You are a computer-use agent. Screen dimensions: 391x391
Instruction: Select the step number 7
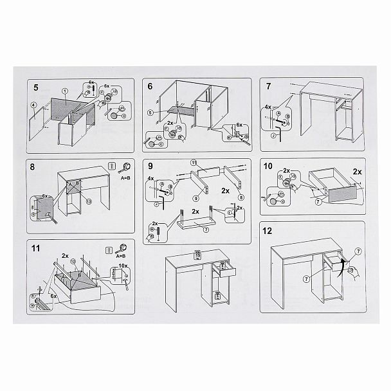tap(268, 86)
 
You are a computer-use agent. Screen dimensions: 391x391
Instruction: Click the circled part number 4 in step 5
tap(33, 105)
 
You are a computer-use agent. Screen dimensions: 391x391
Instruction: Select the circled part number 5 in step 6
tap(149, 113)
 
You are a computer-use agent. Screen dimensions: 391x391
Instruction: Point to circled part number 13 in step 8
tap(88, 201)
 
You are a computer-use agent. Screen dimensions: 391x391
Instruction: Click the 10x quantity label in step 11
tap(122, 264)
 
